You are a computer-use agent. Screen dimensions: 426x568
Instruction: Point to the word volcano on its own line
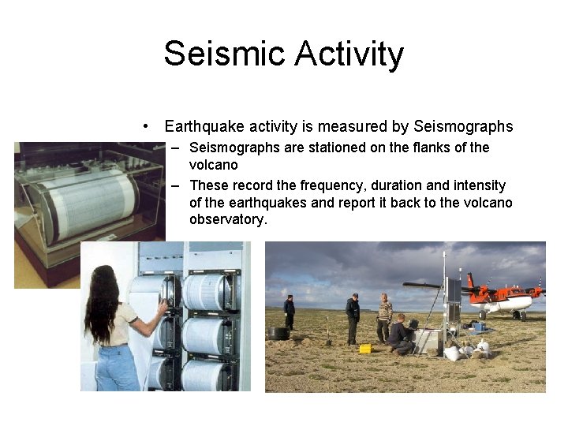click(x=213, y=165)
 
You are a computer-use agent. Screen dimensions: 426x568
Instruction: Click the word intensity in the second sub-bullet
click(x=480, y=185)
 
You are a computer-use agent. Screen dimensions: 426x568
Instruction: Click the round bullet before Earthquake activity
click(x=147, y=127)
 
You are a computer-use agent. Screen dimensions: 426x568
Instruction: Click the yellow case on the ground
click(x=365, y=348)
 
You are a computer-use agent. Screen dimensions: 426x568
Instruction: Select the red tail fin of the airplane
click(x=471, y=282)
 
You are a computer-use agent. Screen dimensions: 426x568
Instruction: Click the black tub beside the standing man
click(x=278, y=333)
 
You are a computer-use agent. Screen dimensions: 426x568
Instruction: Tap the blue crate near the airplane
click(x=478, y=325)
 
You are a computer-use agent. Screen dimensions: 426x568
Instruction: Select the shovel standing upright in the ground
click(x=327, y=331)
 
